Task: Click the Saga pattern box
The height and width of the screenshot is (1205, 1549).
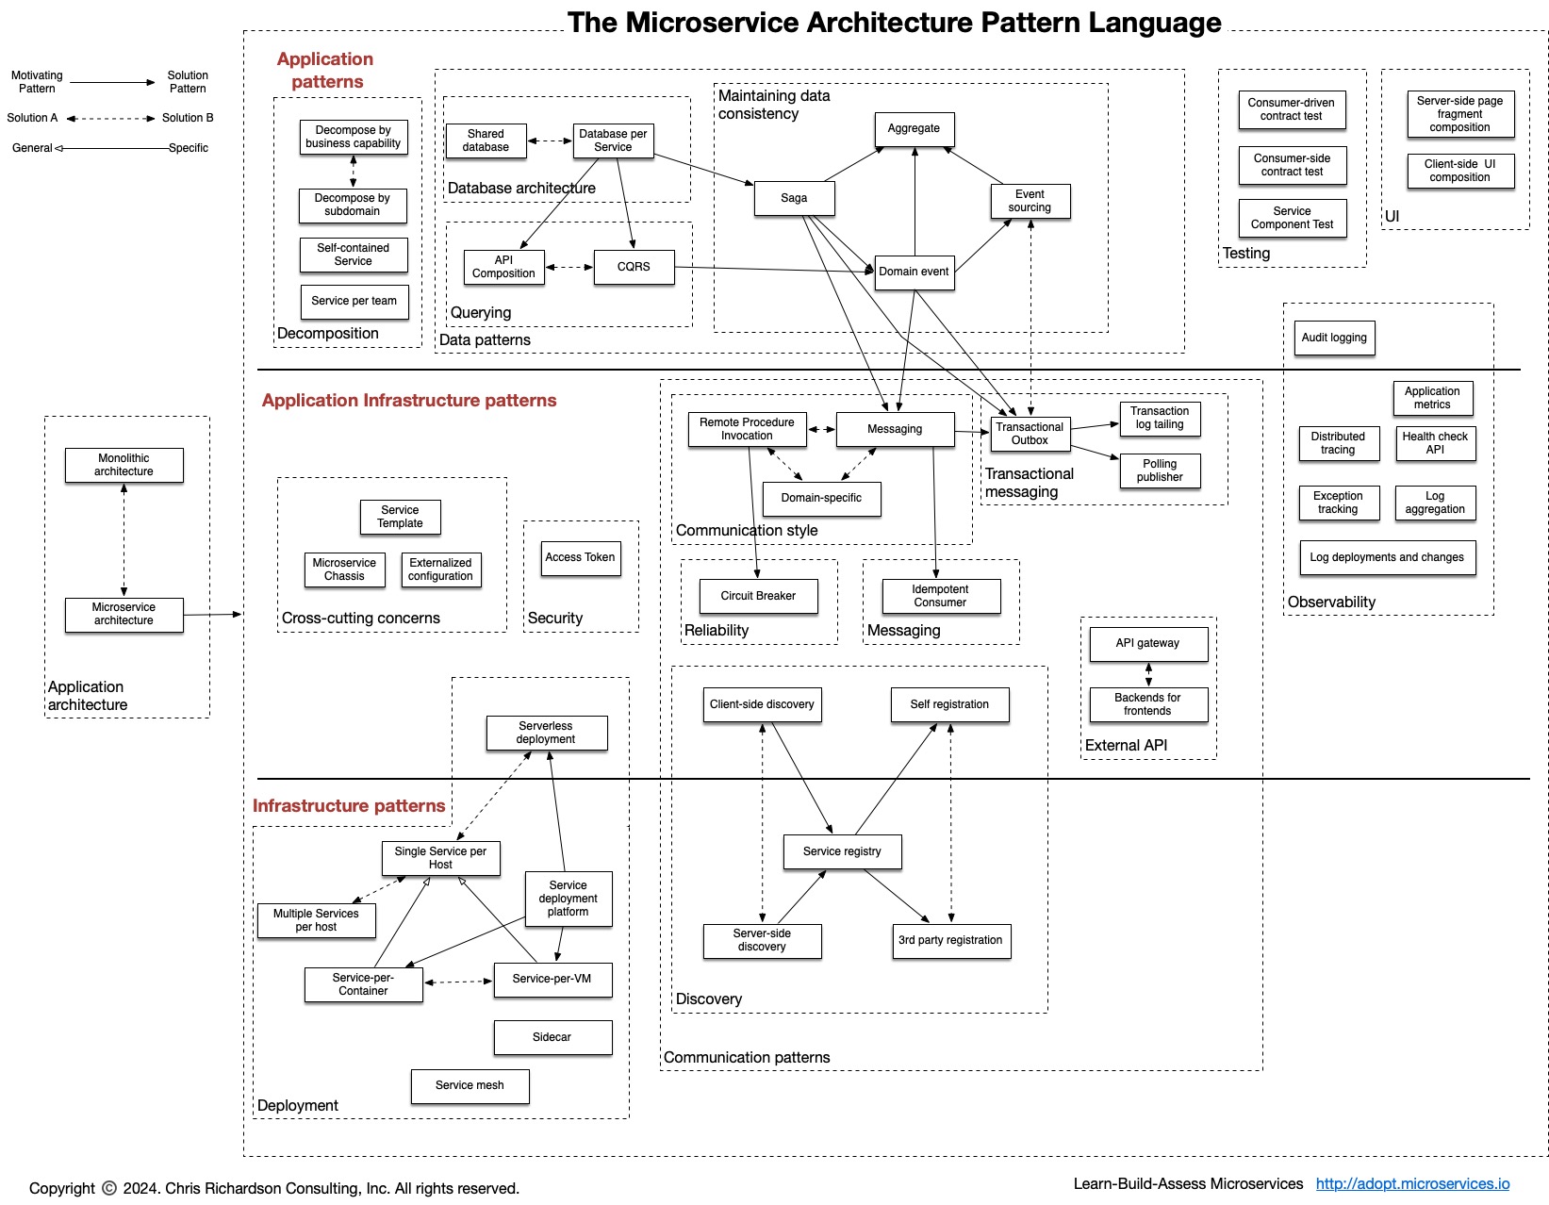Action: pyautogui.click(x=794, y=198)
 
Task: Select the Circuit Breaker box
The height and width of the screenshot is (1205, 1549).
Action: pyautogui.click(x=758, y=596)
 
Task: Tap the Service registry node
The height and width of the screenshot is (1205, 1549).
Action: pyautogui.click(x=842, y=851)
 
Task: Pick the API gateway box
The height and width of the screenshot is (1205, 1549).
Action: pyautogui.click(x=1147, y=643)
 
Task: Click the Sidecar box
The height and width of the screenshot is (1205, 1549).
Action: pyautogui.click(x=552, y=1037)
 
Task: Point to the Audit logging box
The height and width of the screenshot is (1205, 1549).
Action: pyautogui.click(x=1334, y=338)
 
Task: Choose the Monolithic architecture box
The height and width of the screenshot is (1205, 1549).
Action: pyautogui.click(x=124, y=465)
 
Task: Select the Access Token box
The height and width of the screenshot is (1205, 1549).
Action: pyautogui.click(x=580, y=557)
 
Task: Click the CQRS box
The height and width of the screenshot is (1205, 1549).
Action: pyautogui.click(x=634, y=267)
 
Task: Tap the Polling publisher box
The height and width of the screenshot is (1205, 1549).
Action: pyautogui.click(x=1160, y=470)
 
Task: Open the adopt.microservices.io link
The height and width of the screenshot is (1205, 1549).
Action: pyautogui.click(x=1412, y=1183)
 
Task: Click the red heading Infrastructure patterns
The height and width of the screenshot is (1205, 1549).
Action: pyautogui.click(x=349, y=805)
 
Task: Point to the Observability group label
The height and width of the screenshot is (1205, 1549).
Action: pyautogui.click(x=1331, y=602)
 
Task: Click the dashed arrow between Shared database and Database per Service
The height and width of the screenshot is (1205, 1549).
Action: pyautogui.click(x=550, y=141)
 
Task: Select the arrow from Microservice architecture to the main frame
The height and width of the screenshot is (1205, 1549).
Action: pyautogui.click(x=212, y=615)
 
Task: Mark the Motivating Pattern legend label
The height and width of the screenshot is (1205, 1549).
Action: pyautogui.click(x=37, y=82)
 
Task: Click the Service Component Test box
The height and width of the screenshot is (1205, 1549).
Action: pyautogui.click(x=1292, y=218)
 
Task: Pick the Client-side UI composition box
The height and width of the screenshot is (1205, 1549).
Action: pyautogui.click(x=1459, y=171)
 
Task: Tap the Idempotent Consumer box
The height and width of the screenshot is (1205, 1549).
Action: pyautogui.click(x=940, y=596)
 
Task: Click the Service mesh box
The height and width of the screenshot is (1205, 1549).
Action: pyautogui.click(x=470, y=1085)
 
